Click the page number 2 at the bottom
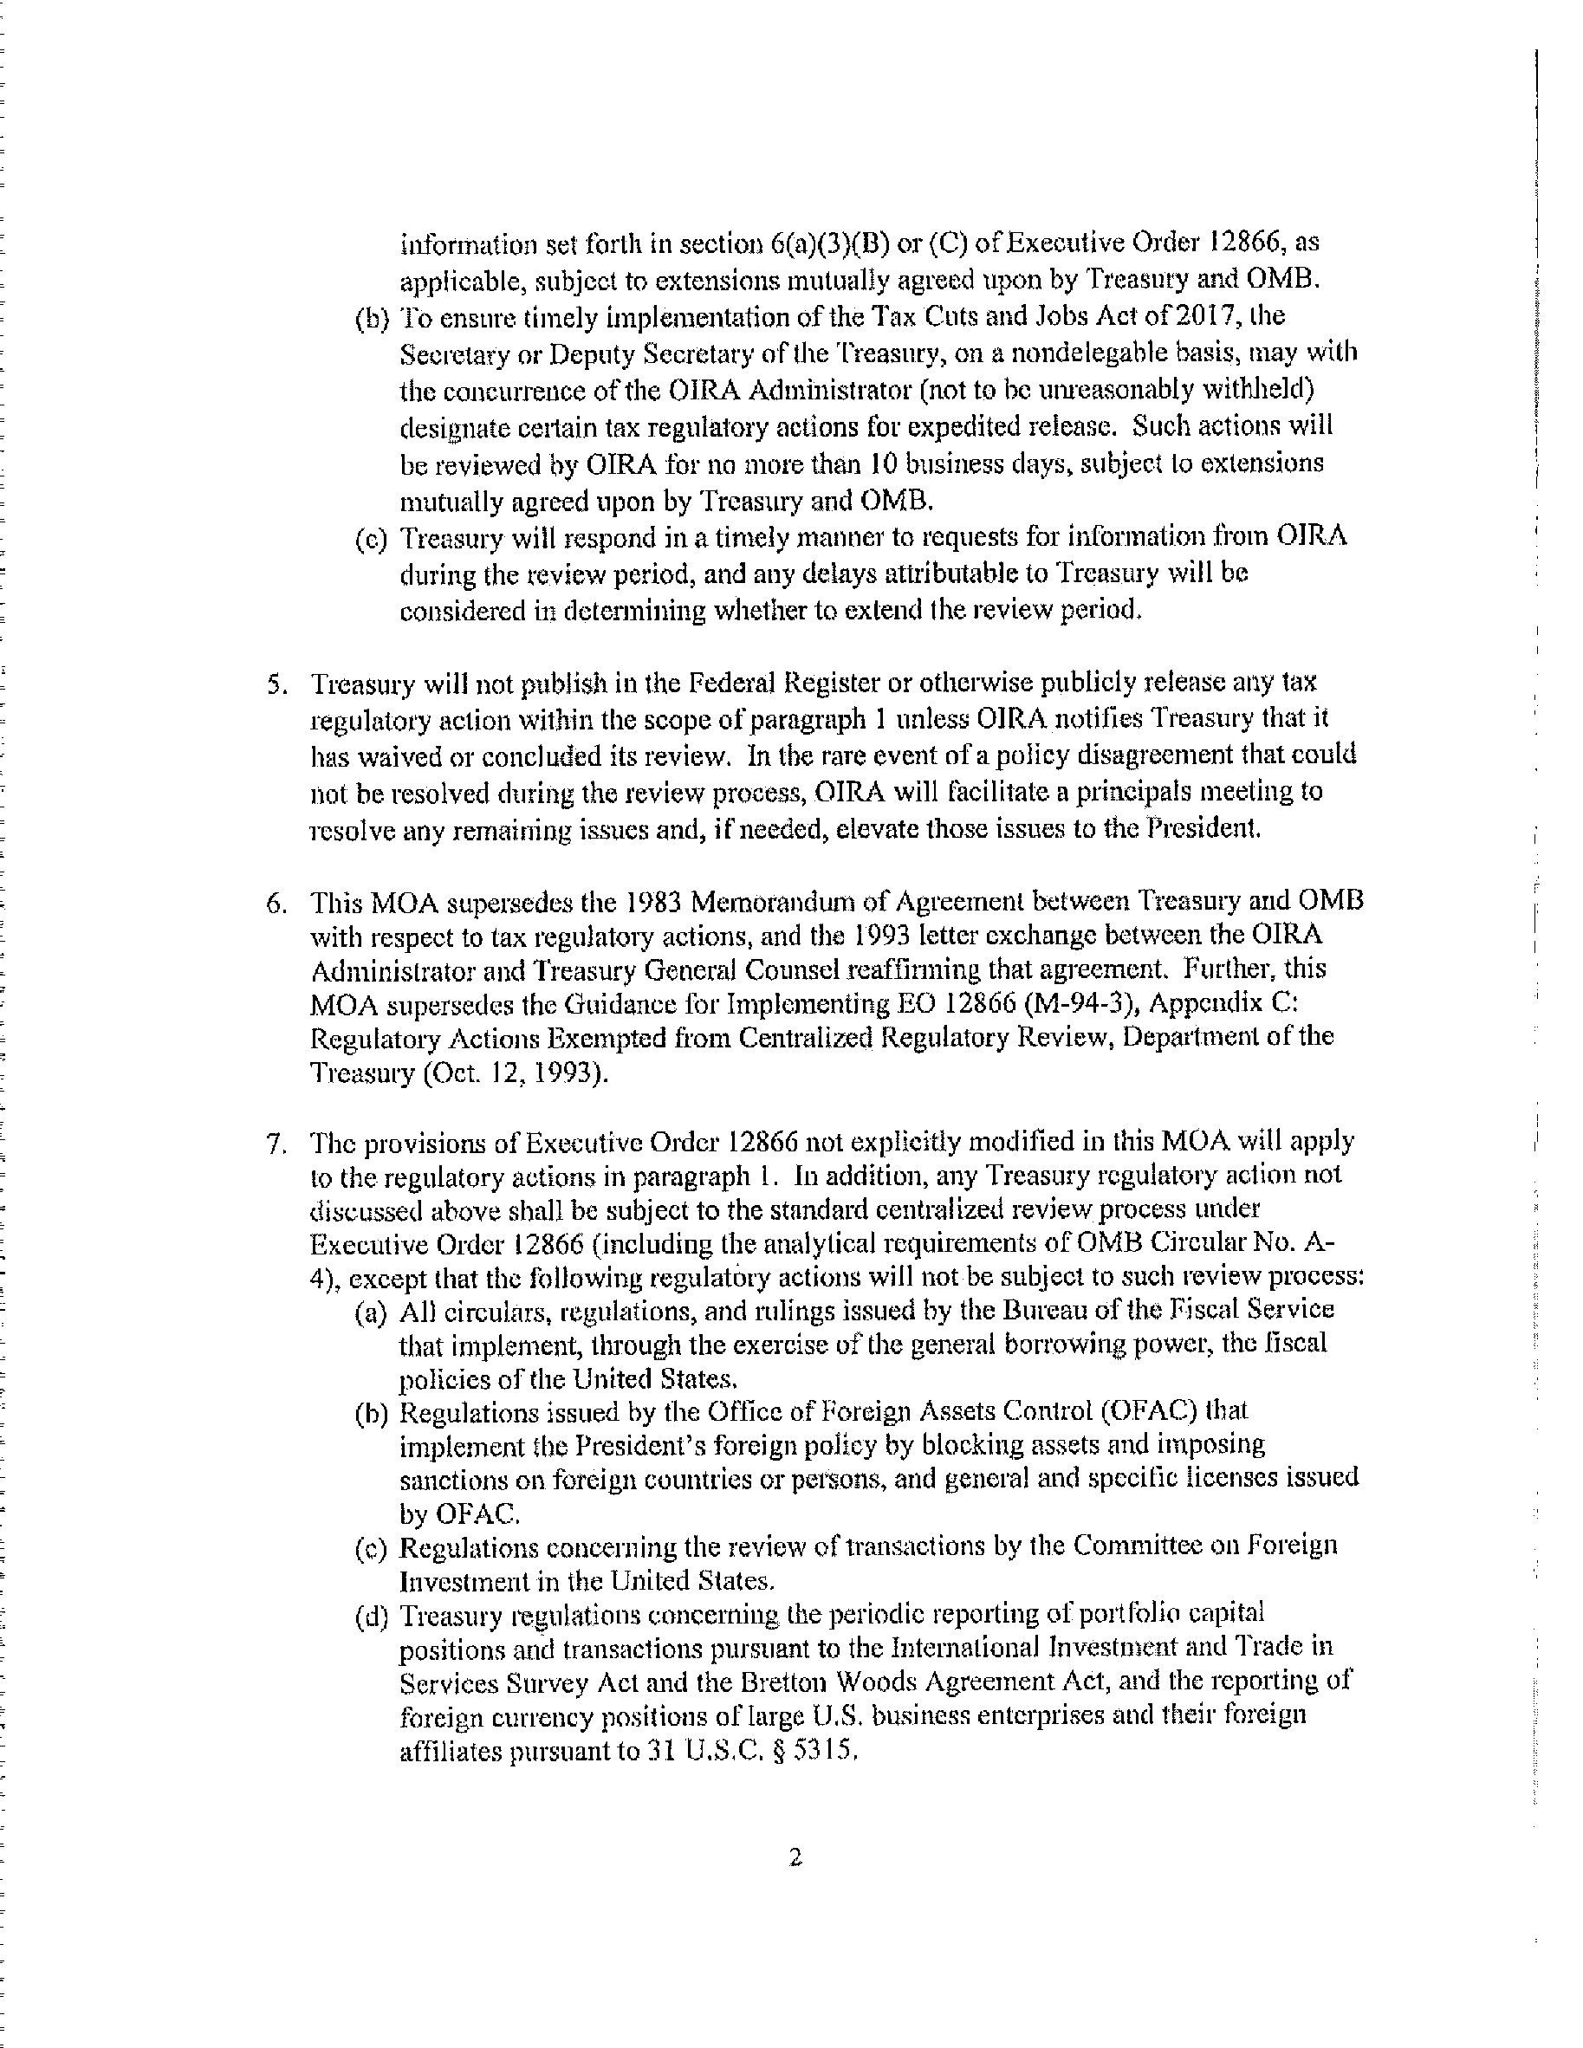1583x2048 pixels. coord(795,1857)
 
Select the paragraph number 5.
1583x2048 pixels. coord(275,684)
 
